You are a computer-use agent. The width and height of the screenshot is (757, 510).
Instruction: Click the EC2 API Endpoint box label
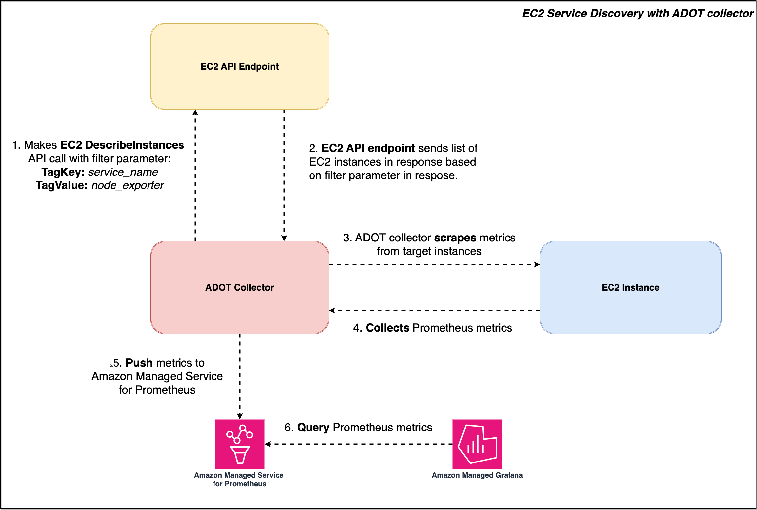coord(240,66)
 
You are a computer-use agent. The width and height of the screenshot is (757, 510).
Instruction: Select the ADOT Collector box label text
coord(240,287)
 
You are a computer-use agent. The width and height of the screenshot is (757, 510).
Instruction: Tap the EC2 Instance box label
coord(630,287)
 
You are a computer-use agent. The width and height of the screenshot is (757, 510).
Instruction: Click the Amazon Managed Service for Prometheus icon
coord(240,444)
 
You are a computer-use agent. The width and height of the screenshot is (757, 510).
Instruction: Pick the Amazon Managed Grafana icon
coord(477,444)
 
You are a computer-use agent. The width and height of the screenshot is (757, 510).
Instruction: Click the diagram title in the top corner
coord(638,13)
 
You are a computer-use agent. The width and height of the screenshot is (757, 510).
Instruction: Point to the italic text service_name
coord(123,172)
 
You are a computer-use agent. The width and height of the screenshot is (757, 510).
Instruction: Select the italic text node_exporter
coord(127,185)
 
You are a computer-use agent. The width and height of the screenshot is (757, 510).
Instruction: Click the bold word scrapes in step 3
coord(455,238)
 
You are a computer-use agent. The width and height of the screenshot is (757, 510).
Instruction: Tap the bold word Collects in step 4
coord(387,328)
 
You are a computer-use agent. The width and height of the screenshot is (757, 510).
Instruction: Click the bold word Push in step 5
coord(144,363)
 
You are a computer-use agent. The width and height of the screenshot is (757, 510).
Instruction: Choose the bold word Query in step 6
coord(313,428)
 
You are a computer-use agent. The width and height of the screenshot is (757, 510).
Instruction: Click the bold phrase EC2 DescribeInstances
coord(122,145)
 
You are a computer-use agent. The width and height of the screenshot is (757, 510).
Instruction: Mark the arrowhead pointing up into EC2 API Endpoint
coord(195,113)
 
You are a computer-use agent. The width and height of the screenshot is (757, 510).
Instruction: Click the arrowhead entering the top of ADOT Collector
coord(284,238)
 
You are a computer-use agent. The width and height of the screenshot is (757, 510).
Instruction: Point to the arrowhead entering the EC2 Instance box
coord(537,264)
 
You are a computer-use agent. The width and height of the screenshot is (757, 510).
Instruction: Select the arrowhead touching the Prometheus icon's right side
coord(268,444)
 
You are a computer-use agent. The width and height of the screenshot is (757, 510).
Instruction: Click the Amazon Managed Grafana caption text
coord(477,475)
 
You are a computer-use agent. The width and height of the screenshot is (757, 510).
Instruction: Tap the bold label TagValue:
coord(62,185)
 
